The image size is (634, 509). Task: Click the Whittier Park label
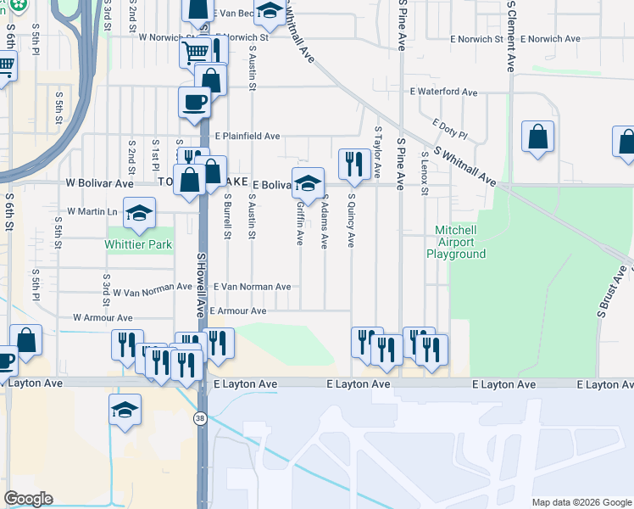point(139,245)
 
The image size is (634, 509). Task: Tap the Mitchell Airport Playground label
point(456,242)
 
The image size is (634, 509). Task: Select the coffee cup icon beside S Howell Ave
point(194,103)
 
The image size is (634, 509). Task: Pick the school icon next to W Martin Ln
point(139,212)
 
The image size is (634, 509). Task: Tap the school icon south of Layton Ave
point(125,410)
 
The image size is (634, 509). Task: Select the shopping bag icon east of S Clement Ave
point(538,137)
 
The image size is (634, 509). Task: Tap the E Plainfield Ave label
point(247,136)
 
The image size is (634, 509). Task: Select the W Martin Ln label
point(94,211)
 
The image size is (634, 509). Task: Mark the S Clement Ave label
point(510,36)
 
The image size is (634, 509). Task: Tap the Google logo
point(28,499)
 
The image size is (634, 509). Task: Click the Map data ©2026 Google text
point(581,502)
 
